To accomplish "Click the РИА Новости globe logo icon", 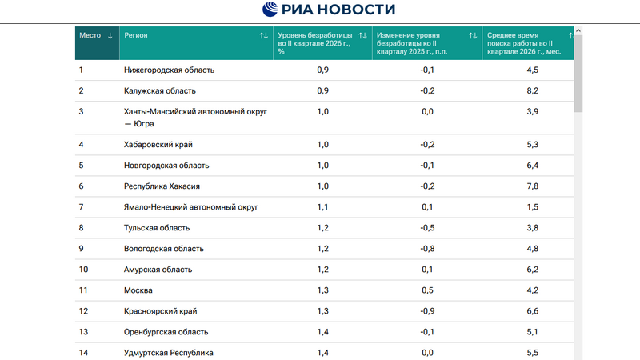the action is (270, 9).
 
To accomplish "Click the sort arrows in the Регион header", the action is (264, 35).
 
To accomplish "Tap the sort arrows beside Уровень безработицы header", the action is (362, 35).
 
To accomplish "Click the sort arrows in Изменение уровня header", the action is (473, 35).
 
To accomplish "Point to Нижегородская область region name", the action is (169, 70).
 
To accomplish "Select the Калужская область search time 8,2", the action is (532, 90).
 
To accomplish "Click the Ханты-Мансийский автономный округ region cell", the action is (195, 118).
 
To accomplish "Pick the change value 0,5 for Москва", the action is (427, 290).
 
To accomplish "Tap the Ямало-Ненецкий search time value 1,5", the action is (532, 207).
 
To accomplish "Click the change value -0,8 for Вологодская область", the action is (427, 249).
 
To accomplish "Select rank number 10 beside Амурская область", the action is (83, 270).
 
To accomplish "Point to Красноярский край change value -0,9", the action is (427, 311).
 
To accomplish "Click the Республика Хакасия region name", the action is (162, 186).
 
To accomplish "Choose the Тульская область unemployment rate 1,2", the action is (323, 228).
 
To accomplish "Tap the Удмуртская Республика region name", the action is (169, 353).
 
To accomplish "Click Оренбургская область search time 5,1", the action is (532, 332).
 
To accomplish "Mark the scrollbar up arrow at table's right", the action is (578, 30).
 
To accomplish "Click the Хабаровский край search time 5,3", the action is (532, 145).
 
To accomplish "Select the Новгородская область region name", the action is (166, 166).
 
